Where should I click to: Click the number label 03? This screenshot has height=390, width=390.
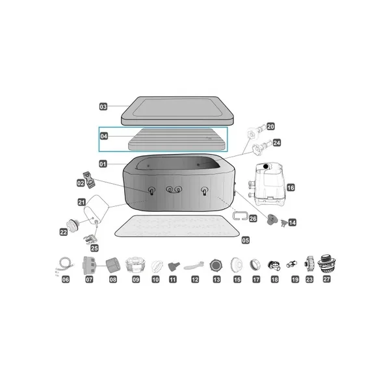[x=103, y=107]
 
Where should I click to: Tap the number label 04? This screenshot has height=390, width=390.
[x=104, y=136]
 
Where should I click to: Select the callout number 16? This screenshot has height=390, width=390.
[x=291, y=187]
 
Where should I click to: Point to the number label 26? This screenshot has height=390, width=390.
[x=253, y=218]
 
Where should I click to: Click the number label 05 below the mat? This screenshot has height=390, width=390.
[x=246, y=240]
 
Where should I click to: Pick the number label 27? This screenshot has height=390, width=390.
[x=326, y=279]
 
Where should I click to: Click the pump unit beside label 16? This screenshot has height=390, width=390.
[x=268, y=184]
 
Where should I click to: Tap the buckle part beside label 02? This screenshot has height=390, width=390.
[x=89, y=179]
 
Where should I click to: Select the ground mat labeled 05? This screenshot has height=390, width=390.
[x=177, y=226]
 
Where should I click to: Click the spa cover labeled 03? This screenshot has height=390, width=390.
[x=177, y=111]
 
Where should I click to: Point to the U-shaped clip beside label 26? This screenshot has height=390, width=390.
[x=240, y=215]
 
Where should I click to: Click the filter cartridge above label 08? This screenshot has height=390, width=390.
[x=113, y=265]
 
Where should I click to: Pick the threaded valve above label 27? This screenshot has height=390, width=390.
[x=326, y=265]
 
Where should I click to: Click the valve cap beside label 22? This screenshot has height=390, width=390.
[x=73, y=225]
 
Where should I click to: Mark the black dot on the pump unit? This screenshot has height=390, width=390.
[x=266, y=166]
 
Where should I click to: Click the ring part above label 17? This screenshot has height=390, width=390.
[x=255, y=265]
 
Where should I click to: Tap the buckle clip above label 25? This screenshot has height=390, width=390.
[x=90, y=239]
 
